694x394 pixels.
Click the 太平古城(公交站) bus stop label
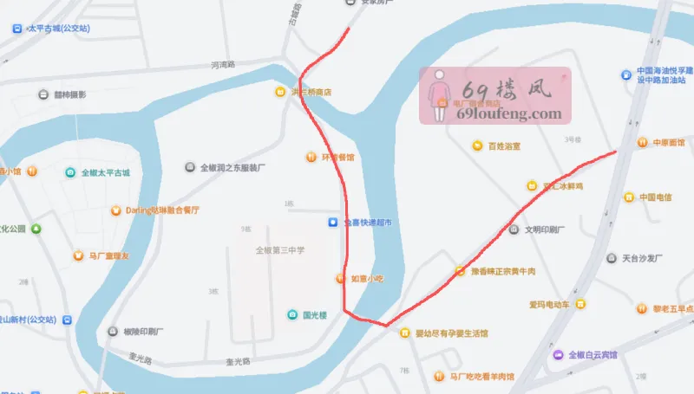pos(59,29)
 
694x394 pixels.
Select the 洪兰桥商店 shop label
pos(311,92)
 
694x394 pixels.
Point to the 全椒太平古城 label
pos(105,172)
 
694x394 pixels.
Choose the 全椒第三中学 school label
pos(280,250)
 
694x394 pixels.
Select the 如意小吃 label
pos(366,278)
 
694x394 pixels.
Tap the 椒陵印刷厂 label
pos(144,332)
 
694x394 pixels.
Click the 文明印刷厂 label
pos(544,230)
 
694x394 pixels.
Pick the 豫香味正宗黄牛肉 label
pos(502,271)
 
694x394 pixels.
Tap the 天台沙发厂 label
pos(642,258)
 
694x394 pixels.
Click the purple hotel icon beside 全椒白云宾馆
pos(557,354)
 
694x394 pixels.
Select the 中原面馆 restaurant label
pos(668,143)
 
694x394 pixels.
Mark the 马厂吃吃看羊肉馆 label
pos(481,377)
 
